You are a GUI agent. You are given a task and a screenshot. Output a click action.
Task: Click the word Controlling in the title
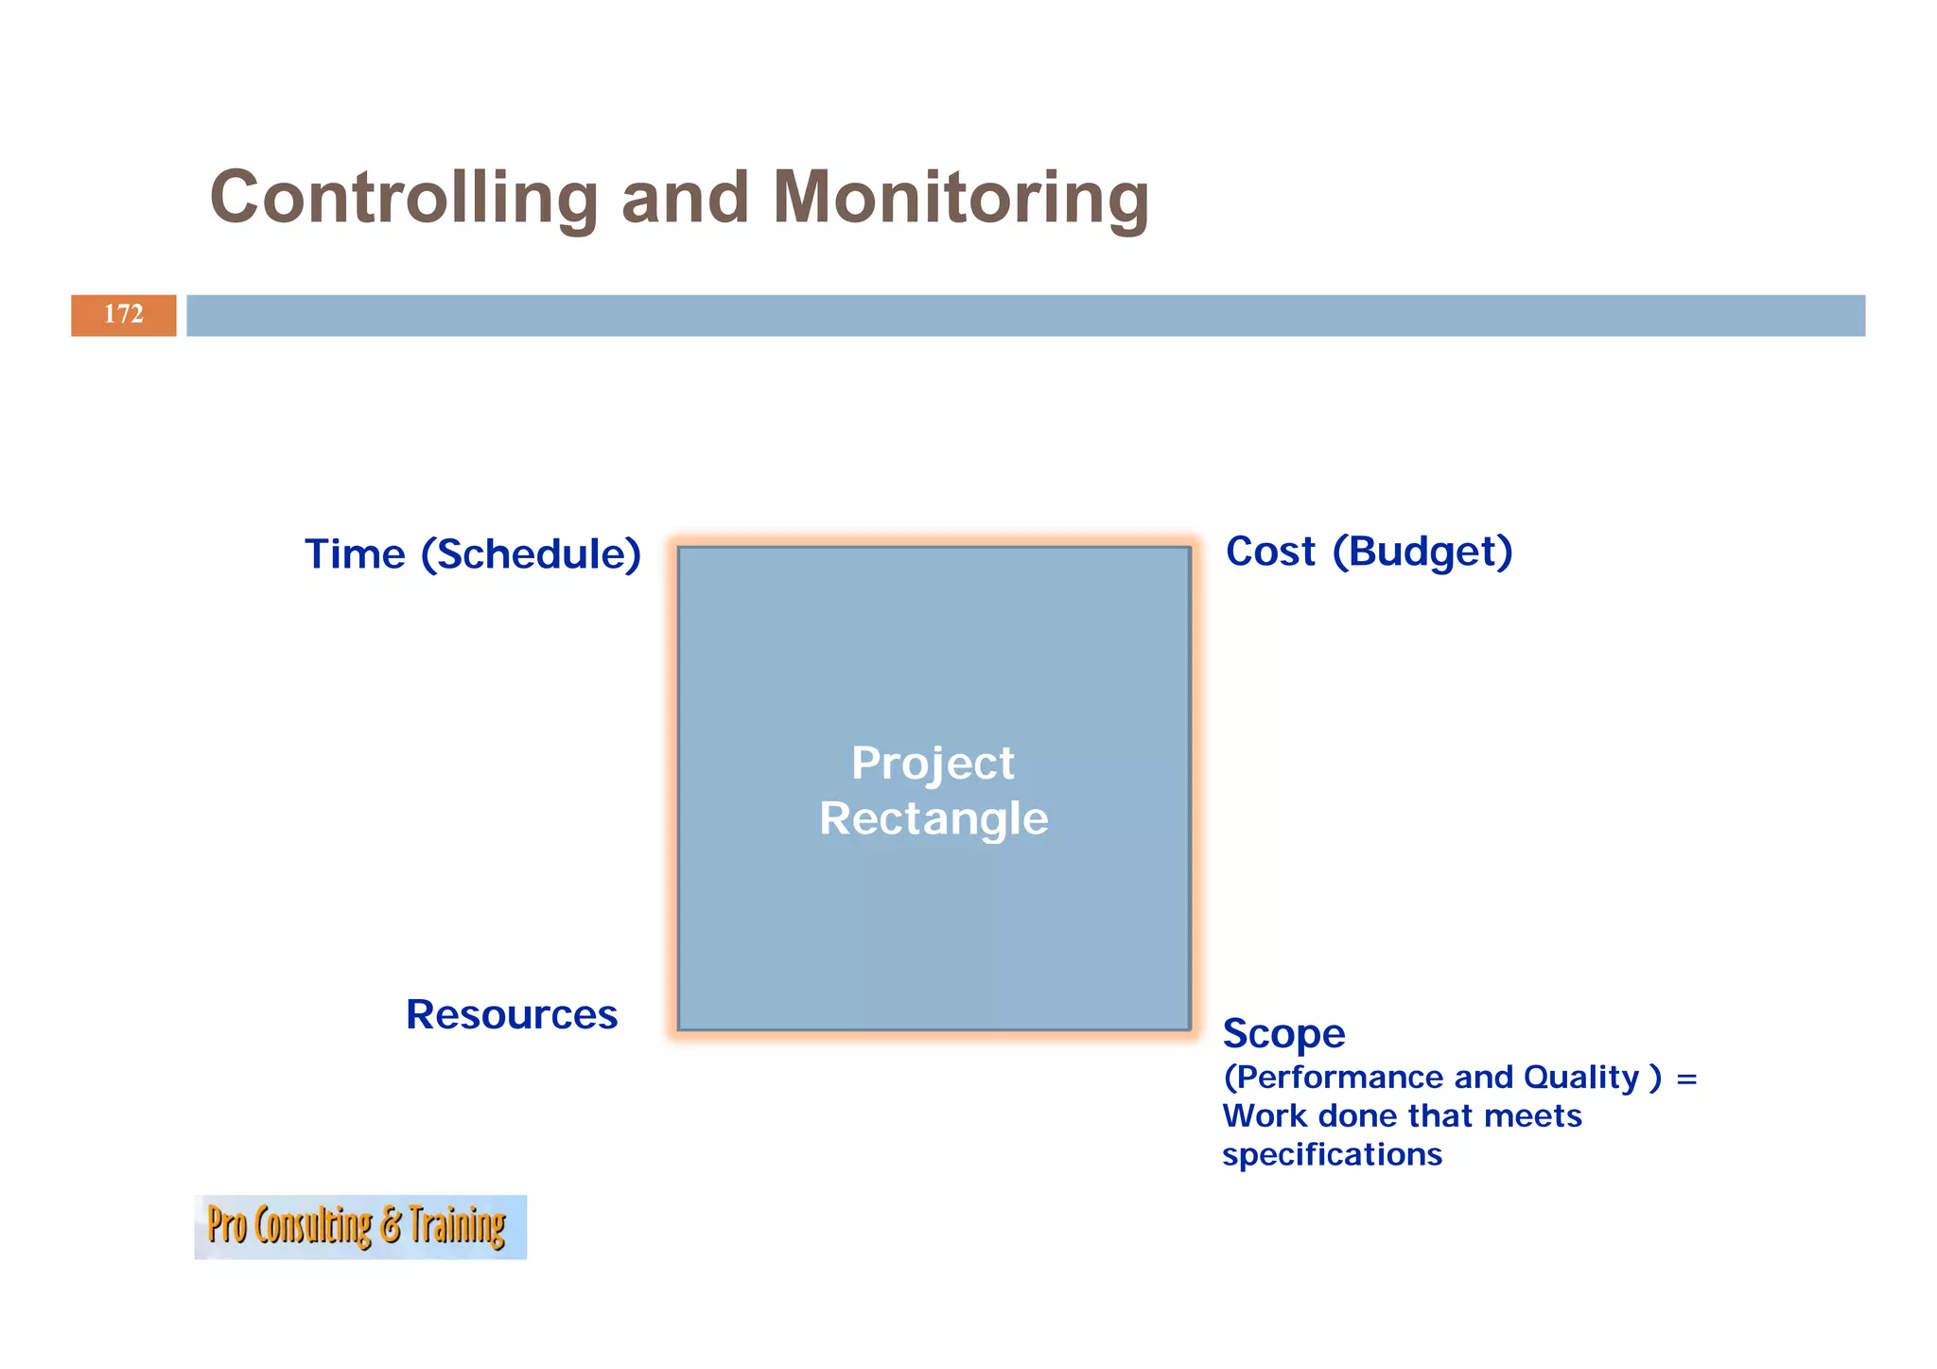point(403,198)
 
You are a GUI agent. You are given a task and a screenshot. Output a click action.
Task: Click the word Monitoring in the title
point(960,198)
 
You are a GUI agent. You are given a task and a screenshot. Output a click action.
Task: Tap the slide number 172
point(123,314)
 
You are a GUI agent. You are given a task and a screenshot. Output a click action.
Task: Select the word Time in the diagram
point(355,554)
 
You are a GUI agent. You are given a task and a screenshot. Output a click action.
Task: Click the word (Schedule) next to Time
point(531,554)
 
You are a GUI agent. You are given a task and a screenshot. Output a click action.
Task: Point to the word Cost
point(1270,552)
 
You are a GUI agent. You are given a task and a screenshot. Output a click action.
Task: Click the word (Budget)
point(1422,552)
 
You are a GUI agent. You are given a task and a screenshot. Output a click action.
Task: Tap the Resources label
point(511,1014)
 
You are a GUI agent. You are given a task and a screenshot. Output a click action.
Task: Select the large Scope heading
point(1283,1033)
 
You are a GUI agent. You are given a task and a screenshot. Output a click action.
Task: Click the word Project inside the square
point(933,763)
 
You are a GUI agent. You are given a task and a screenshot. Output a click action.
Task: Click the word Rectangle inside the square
point(934,818)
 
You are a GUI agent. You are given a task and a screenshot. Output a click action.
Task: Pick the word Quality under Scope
point(1580,1078)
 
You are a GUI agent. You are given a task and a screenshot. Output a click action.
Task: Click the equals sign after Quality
point(1686,1079)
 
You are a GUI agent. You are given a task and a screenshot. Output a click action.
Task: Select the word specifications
point(1332,1155)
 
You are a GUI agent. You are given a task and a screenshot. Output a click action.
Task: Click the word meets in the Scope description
point(1532,1116)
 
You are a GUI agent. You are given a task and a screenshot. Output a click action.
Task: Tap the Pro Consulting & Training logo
point(359,1226)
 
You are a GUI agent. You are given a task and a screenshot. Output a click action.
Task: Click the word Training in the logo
point(458,1226)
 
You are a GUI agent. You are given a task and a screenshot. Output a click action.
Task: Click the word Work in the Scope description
point(1265,1116)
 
